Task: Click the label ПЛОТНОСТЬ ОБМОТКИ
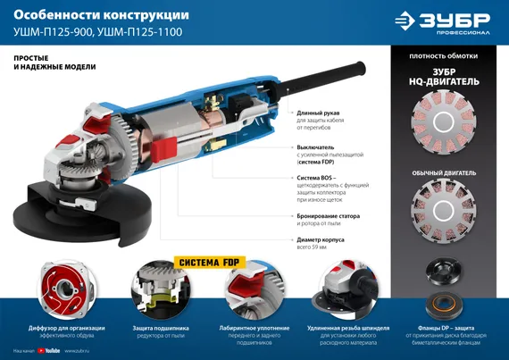(x=443, y=56)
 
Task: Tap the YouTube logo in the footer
(x=50, y=351)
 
